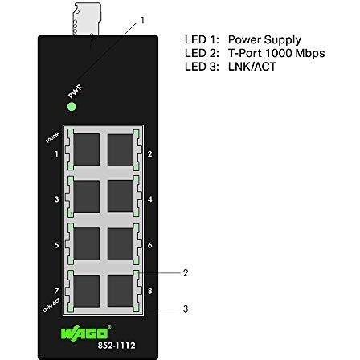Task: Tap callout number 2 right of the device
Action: click(186, 273)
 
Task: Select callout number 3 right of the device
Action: click(186, 307)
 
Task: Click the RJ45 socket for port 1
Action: click(86, 150)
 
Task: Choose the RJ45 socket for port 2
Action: click(120, 150)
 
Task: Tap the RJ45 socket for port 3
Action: click(86, 196)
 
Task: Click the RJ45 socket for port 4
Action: click(120, 196)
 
